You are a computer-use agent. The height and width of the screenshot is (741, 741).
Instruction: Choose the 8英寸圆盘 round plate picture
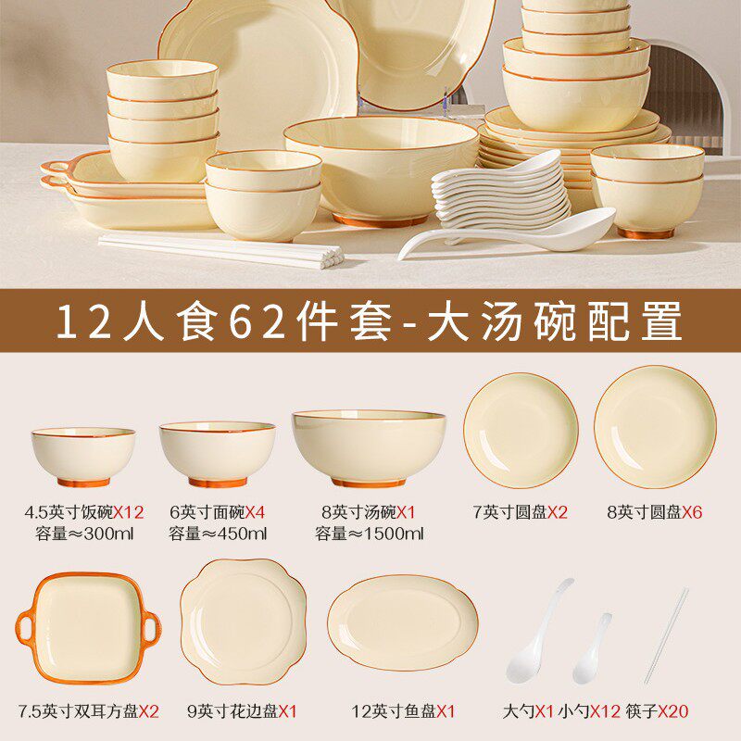coord(655,427)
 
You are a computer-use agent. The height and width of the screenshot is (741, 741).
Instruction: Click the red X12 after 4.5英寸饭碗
coord(130,510)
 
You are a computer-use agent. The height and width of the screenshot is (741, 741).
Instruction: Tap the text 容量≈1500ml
coord(369,533)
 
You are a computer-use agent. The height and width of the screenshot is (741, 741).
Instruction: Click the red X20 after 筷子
coord(674,711)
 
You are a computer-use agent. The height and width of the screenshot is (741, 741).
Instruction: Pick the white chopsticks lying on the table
coord(222,248)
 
